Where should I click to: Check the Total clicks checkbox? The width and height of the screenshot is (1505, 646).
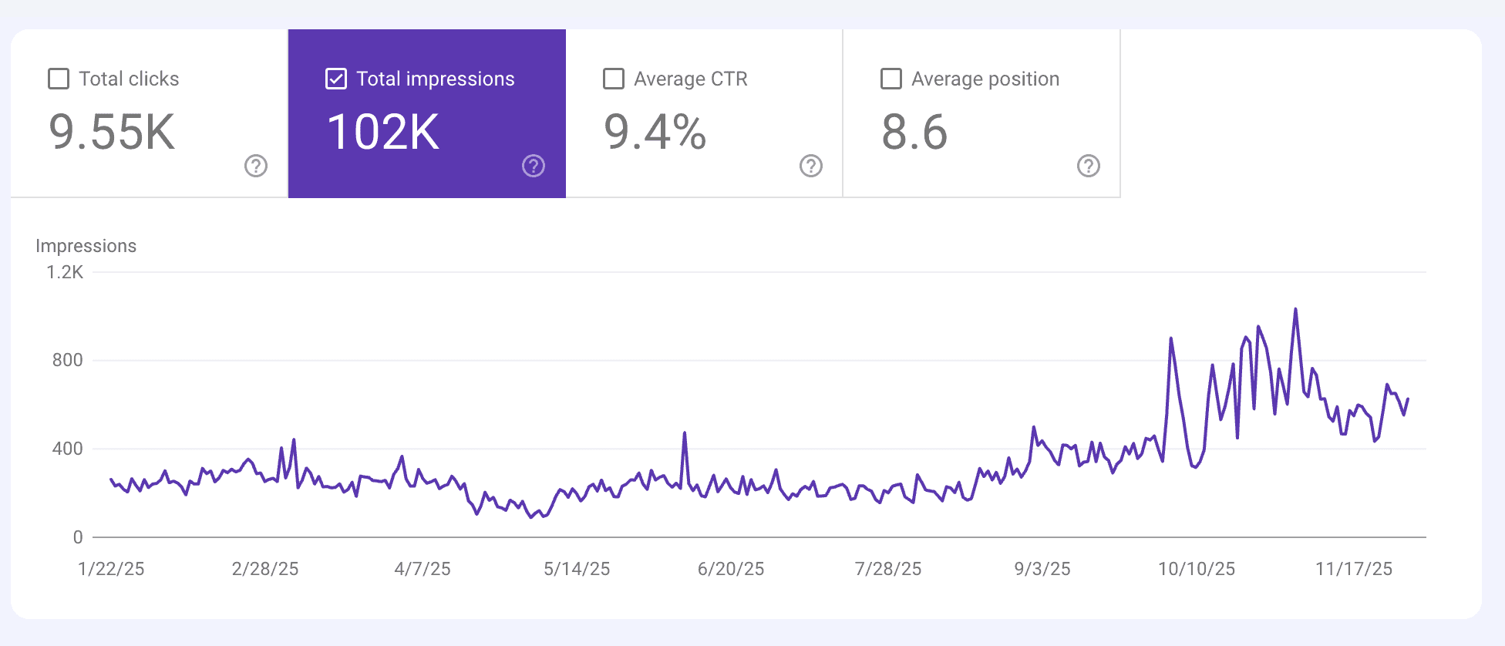click(x=59, y=79)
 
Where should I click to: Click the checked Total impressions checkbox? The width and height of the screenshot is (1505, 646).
click(x=336, y=79)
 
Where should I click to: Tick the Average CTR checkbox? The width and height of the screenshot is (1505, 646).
click(x=614, y=79)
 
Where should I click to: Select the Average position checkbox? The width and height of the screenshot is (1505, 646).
click(x=891, y=79)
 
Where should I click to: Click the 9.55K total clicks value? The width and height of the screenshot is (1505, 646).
click(x=112, y=132)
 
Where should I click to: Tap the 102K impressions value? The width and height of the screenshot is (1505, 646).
click(x=383, y=132)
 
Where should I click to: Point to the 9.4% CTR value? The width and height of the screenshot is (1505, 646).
click(x=655, y=132)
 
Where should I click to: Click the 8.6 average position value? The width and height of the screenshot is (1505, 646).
click(x=914, y=132)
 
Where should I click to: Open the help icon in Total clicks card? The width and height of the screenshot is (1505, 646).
click(x=256, y=166)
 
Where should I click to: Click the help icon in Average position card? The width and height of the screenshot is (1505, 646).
click(x=1089, y=166)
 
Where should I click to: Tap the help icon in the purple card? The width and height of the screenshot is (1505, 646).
click(x=534, y=166)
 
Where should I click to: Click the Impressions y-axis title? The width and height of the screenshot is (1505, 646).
click(x=86, y=246)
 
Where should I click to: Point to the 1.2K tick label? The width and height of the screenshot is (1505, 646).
click(x=65, y=272)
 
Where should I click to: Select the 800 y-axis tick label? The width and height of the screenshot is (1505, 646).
click(x=67, y=360)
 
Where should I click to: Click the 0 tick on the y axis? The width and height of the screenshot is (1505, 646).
click(x=78, y=537)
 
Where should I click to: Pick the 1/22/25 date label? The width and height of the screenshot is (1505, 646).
click(x=111, y=569)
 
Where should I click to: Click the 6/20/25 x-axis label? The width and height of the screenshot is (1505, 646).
click(x=731, y=569)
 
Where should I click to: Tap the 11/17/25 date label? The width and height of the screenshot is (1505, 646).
click(x=1354, y=569)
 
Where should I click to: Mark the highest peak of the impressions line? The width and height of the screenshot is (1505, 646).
click(x=1295, y=310)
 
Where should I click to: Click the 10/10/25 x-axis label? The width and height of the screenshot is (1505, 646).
click(x=1197, y=569)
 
